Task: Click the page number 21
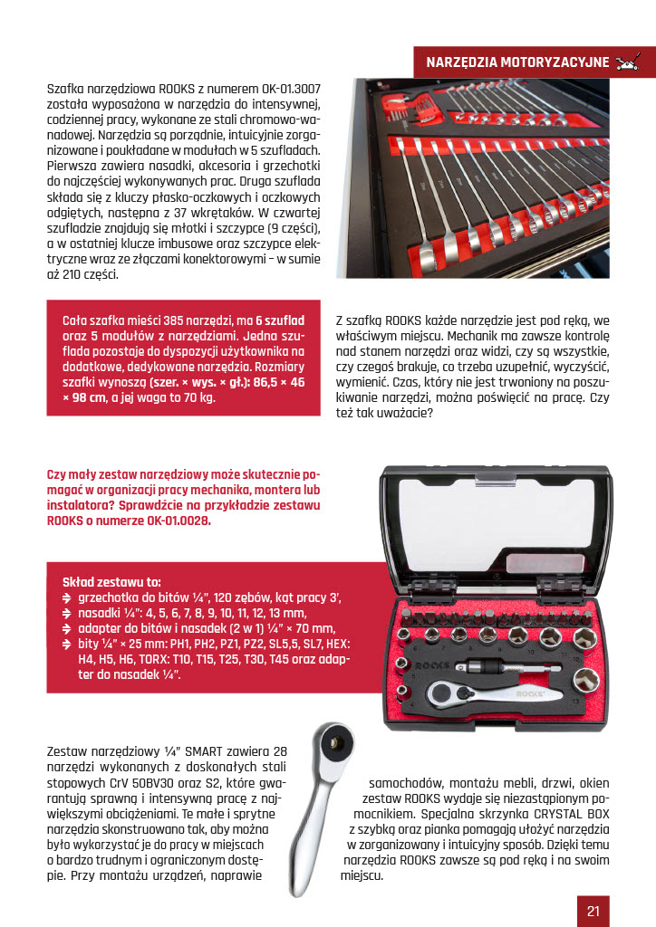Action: point(593,911)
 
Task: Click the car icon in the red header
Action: point(627,62)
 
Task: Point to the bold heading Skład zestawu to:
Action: point(111,581)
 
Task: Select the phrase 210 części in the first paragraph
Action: point(86,275)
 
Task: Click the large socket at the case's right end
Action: point(594,681)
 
